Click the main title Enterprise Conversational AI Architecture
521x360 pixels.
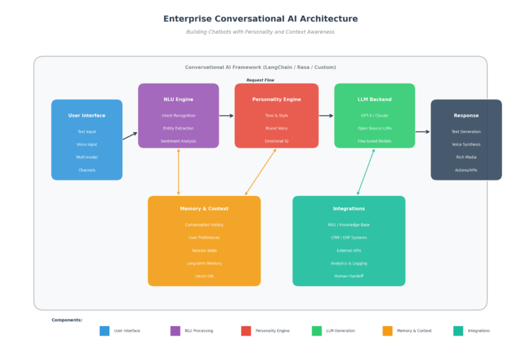(x=260, y=19)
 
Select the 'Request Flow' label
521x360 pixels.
(x=260, y=80)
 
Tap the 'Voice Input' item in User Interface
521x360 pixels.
(x=87, y=144)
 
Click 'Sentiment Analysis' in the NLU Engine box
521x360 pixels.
(x=178, y=141)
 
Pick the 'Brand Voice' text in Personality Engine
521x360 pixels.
(x=276, y=128)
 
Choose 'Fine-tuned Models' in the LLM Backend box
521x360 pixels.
(x=374, y=141)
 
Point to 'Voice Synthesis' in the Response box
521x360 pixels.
(x=466, y=144)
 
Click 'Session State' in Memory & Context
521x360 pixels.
(x=204, y=250)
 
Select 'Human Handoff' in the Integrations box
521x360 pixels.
(x=349, y=276)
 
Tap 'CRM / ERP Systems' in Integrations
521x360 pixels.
(x=349, y=237)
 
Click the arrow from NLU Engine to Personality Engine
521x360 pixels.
(x=227, y=116)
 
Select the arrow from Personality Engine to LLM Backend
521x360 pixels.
(x=326, y=116)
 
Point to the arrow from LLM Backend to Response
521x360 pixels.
(x=423, y=132)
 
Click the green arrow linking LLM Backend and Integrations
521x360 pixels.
(x=366, y=172)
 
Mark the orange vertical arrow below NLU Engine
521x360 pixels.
(x=178, y=172)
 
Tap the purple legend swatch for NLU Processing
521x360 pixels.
(x=175, y=331)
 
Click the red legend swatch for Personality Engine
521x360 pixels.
(x=246, y=331)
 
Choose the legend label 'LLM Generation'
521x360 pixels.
(x=341, y=331)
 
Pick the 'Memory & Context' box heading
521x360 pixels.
(x=204, y=209)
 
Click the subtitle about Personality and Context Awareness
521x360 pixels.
(x=260, y=32)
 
